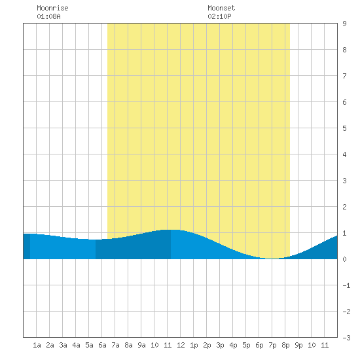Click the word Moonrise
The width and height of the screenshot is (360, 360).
coord(52,8)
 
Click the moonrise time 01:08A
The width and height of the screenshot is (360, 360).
coord(48,16)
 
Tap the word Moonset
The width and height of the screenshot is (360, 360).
coord(221,8)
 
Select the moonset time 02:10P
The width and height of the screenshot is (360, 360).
coord(219,16)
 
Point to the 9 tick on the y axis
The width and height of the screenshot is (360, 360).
coord(344,24)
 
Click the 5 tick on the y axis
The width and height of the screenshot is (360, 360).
coord(344,128)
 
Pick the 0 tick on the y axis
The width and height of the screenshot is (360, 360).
coord(344,259)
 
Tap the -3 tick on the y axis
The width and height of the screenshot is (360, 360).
coord(346,338)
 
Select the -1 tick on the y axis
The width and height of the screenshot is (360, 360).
coord(346,285)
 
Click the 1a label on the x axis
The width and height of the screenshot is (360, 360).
coord(37,345)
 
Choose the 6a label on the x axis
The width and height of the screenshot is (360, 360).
coord(102,345)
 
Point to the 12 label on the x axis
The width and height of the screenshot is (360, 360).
coord(181,345)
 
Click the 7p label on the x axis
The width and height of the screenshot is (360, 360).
coord(272,345)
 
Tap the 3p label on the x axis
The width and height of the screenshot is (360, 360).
coord(220,345)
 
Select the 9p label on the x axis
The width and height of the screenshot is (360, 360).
coord(298,345)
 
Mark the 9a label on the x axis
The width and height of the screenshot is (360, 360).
coord(141,345)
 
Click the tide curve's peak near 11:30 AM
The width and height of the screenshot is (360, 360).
coord(171,230)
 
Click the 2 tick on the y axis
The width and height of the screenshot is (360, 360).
coord(344,207)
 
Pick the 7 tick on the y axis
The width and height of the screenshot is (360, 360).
coord(344,76)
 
